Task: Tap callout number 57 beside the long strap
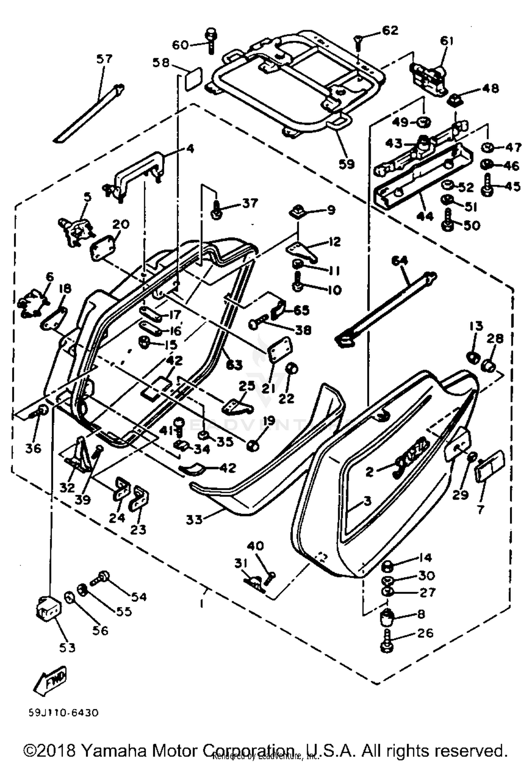(104, 59)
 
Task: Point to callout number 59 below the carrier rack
(347, 164)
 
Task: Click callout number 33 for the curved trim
(194, 520)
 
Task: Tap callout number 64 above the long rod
(400, 261)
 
